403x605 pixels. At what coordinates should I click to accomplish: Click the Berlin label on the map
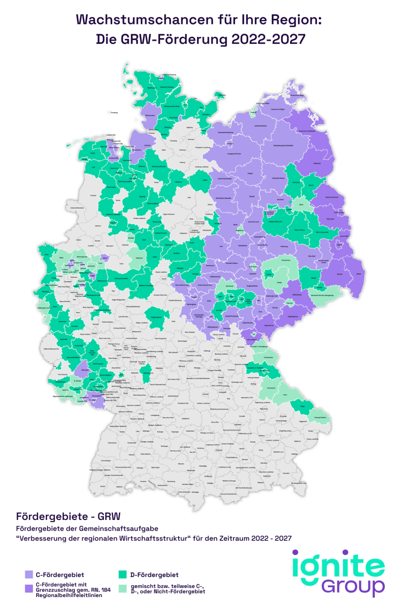pos(301,205)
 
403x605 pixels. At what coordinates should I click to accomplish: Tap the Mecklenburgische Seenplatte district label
pos(283,145)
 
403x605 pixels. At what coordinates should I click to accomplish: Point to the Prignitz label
pos(250,173)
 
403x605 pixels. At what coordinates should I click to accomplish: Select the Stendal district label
pos(252,196)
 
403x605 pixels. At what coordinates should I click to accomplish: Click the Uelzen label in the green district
pos(205,180)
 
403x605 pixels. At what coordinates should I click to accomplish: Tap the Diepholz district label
pos(142,196)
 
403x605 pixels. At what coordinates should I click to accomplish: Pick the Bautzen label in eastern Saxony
pos(340,274)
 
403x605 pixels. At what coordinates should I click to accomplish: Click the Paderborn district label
pos(139,258)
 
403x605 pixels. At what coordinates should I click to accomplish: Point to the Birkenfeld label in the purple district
pos(85,370)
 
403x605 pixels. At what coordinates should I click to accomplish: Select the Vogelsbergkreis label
pos(156,317)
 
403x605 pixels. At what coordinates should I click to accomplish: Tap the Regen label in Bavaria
pos(303,406)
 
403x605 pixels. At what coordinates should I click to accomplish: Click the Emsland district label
pos(93,195)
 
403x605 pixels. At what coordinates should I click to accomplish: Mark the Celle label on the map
pos(189,197)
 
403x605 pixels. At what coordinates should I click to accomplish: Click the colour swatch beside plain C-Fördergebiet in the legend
pos(29,574)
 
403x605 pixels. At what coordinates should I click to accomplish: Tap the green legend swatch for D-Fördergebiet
pos(123,574)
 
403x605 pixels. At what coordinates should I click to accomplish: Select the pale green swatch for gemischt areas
pos(123,588)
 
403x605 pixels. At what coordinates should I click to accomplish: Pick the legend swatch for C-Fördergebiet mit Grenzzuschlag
pos(29,588)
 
